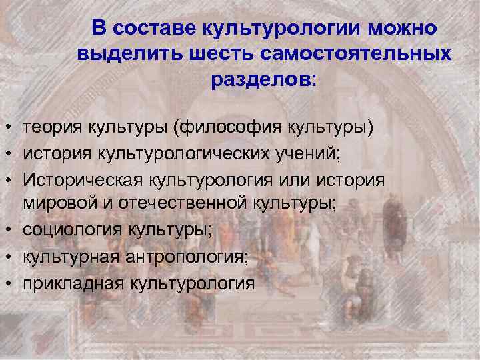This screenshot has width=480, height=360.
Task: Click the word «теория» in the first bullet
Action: tap(51, 127)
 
